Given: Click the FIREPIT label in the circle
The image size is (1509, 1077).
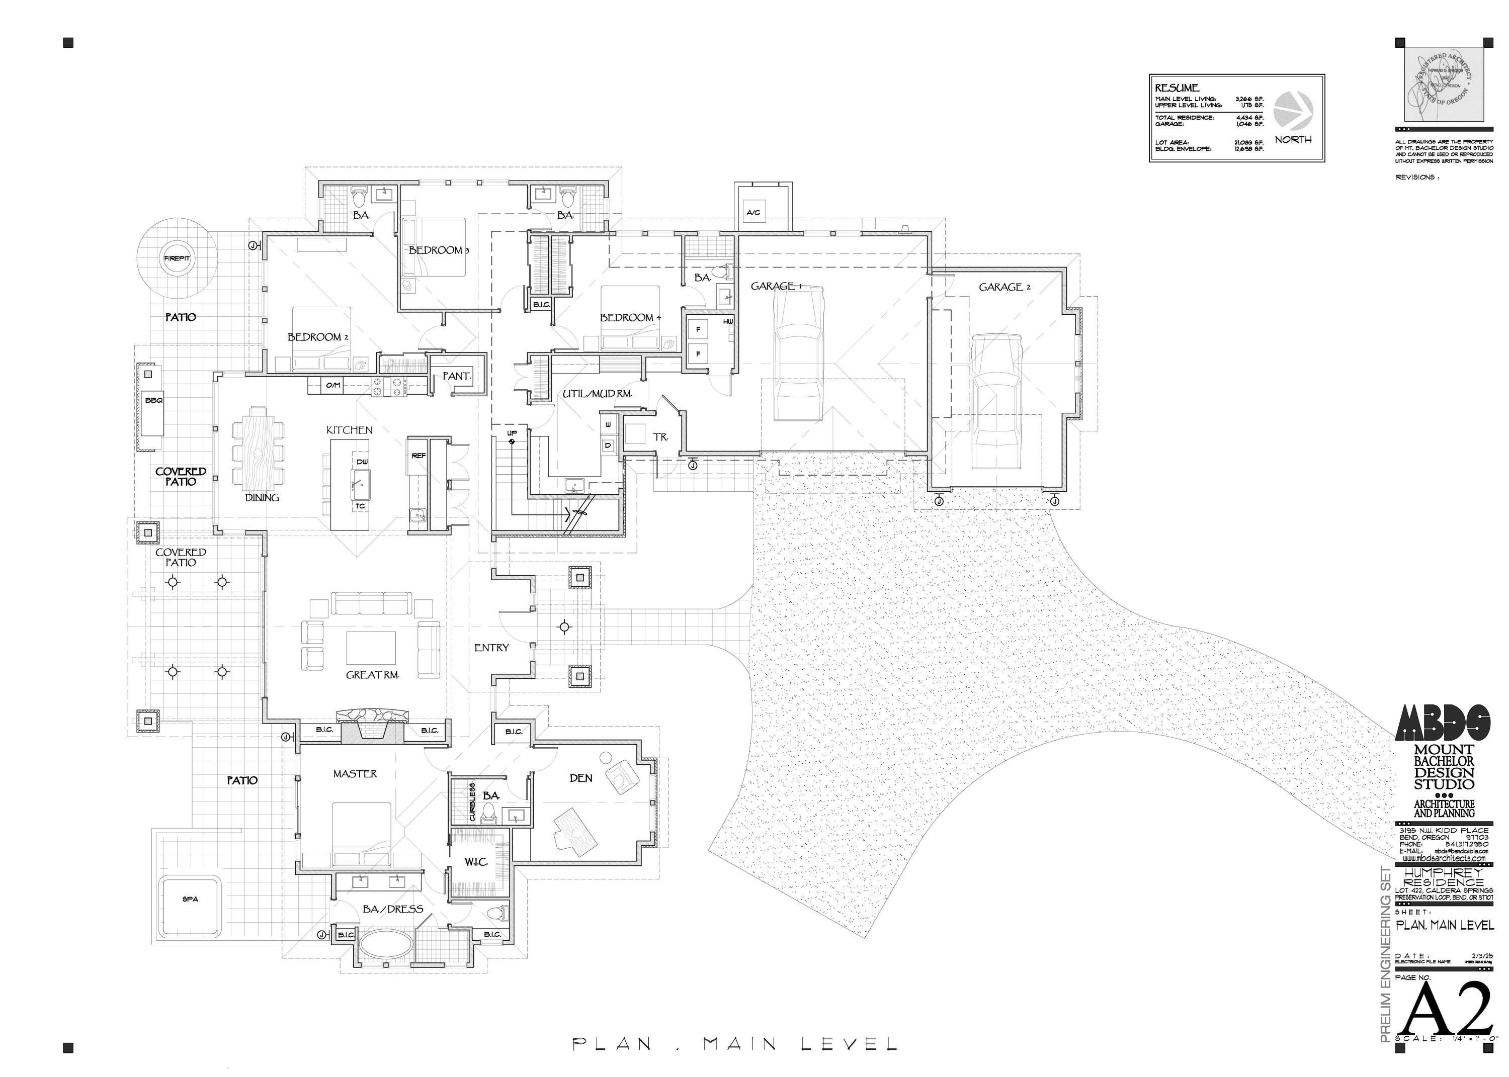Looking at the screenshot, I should click(x=177, y=258).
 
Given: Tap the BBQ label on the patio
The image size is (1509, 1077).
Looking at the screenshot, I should click(x=154, y=401).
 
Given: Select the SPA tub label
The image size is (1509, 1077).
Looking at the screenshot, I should click(x=190, y=900).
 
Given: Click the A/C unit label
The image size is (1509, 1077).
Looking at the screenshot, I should click(x=753, y=212).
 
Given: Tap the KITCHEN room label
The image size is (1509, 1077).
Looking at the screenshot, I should click(x=349, y=430).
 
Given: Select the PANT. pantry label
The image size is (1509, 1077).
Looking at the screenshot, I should click(x=456, y=376).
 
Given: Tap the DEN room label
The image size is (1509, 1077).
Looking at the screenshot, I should click(x=581, y=778).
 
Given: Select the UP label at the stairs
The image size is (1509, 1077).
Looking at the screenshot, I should click(x=512, y=434).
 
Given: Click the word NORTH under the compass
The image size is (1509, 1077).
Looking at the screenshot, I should click(x=1293, y=140).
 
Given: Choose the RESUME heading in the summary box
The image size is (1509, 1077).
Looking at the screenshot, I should click(x=1177, y=87).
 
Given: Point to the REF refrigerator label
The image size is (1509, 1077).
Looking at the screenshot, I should click(x=418, y=456).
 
